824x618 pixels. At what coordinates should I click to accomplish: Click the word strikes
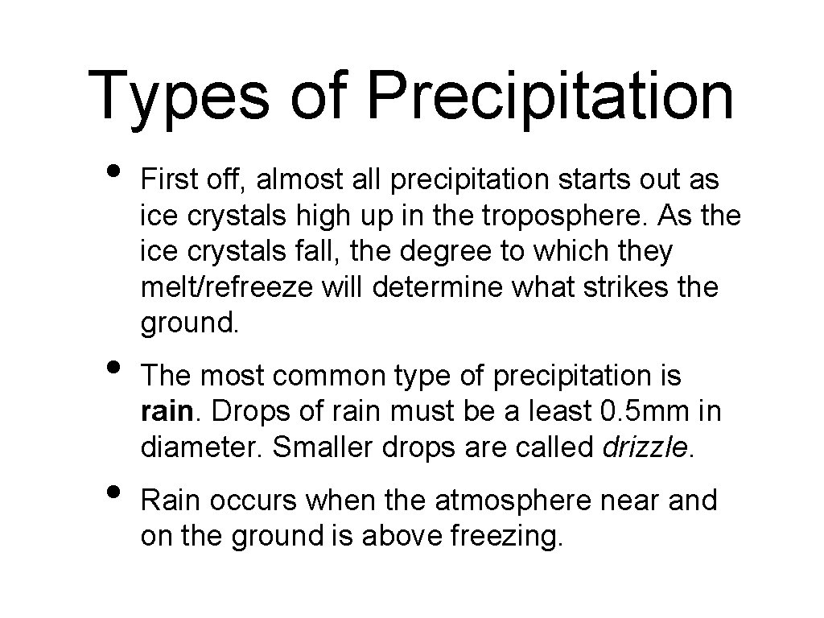[617, 286]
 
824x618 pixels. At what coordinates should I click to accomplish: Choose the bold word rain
[166, 412]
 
